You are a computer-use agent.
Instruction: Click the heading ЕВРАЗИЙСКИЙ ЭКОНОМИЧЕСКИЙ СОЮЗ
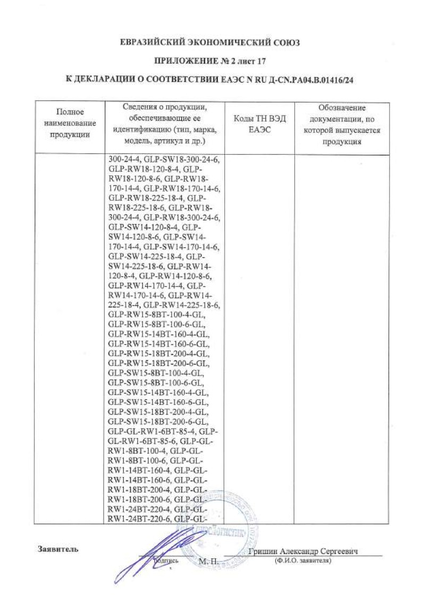tap(210, 43)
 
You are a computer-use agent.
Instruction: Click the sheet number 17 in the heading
tap(260, 61)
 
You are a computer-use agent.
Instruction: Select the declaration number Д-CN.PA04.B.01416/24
tap(301, 80)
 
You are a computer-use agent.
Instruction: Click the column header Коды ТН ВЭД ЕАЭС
tap(260, 123)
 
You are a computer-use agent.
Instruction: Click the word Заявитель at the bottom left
tap(58, 549)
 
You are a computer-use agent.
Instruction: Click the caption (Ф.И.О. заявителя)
tap(302, 560)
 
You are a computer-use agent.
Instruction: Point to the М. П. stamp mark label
tap(208, 561)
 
